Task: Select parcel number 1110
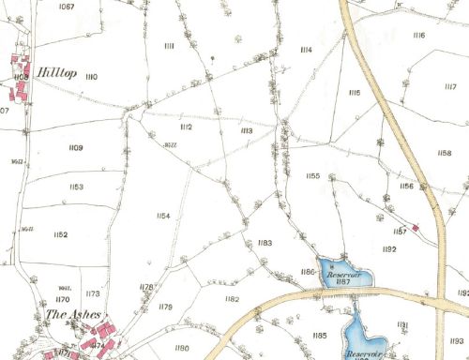tap(91, 76)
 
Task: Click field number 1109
tap(76, 148)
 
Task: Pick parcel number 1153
tap(76, 187)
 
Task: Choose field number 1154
tap(163, 217)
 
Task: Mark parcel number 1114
tap(306, 50)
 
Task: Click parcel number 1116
tap(417, 36)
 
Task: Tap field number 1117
tap(450, 86)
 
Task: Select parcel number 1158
tap(445, 153)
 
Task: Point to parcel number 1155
tap(313, 176)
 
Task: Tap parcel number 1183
tap(265, 243)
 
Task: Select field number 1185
tap(320, 335)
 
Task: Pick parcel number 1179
tap(166, 307)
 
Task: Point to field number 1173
tap(92, 294)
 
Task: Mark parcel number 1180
tap(182, 334)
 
